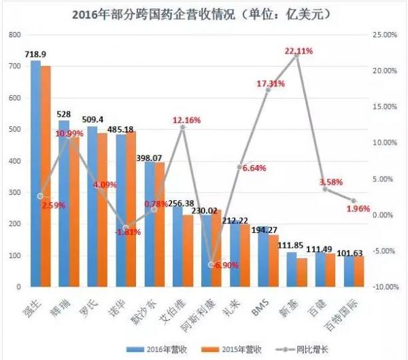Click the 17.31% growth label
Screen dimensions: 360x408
pos(270,84)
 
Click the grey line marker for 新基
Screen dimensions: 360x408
pos(296,55)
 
